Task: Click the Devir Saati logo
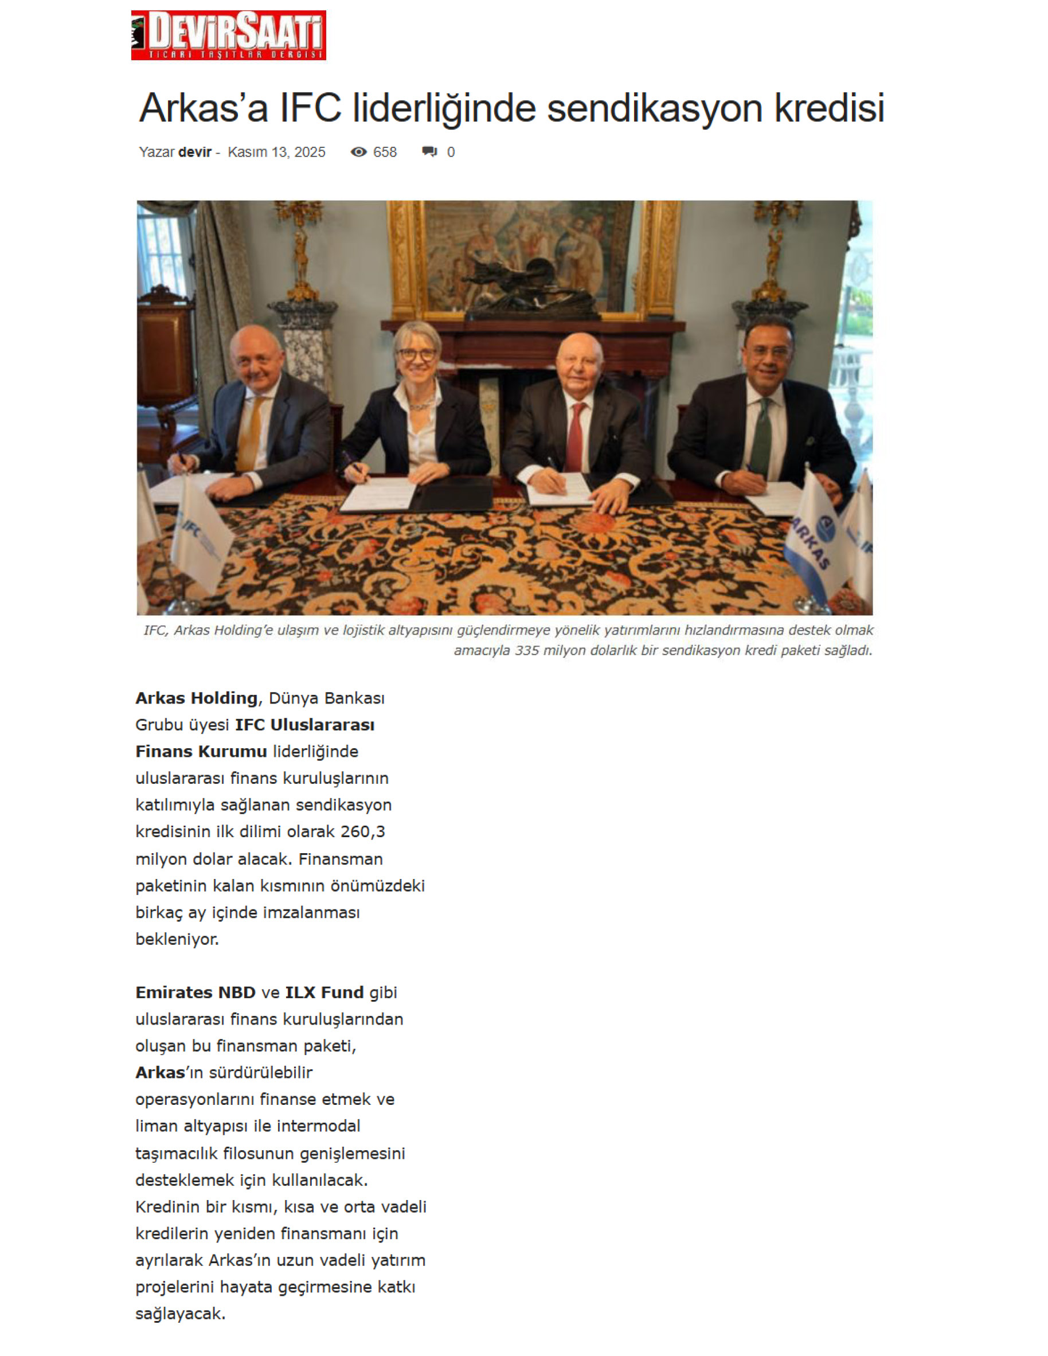(229, 35)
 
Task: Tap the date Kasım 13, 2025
(276, 152)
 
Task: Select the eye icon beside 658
(358, 152)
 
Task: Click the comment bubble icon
(429, 152)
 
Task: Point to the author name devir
(195, 152)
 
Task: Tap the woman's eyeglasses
(417, 354)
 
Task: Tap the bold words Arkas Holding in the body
(196, 698)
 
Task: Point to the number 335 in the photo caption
(526, 650)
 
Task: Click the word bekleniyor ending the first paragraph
(177, 939)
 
